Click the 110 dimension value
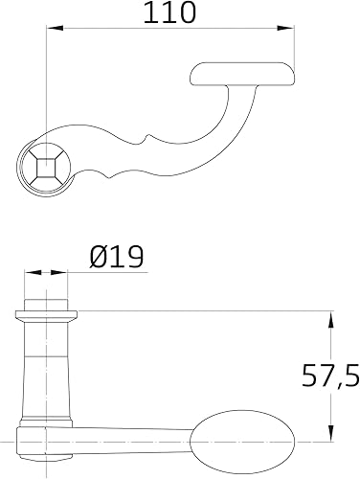tap(169, 12)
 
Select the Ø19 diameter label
tap(117, 257)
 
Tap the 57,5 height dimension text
tap(330, 375)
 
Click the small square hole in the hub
tap(47, 167)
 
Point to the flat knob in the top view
tap(242, 74)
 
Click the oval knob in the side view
tap(242, 442)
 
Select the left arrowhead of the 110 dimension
tap(56, 28)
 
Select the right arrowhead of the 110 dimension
tap(285, 28)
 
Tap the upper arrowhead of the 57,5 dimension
tap(330, 320)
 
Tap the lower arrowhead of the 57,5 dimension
tap(330, 433)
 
